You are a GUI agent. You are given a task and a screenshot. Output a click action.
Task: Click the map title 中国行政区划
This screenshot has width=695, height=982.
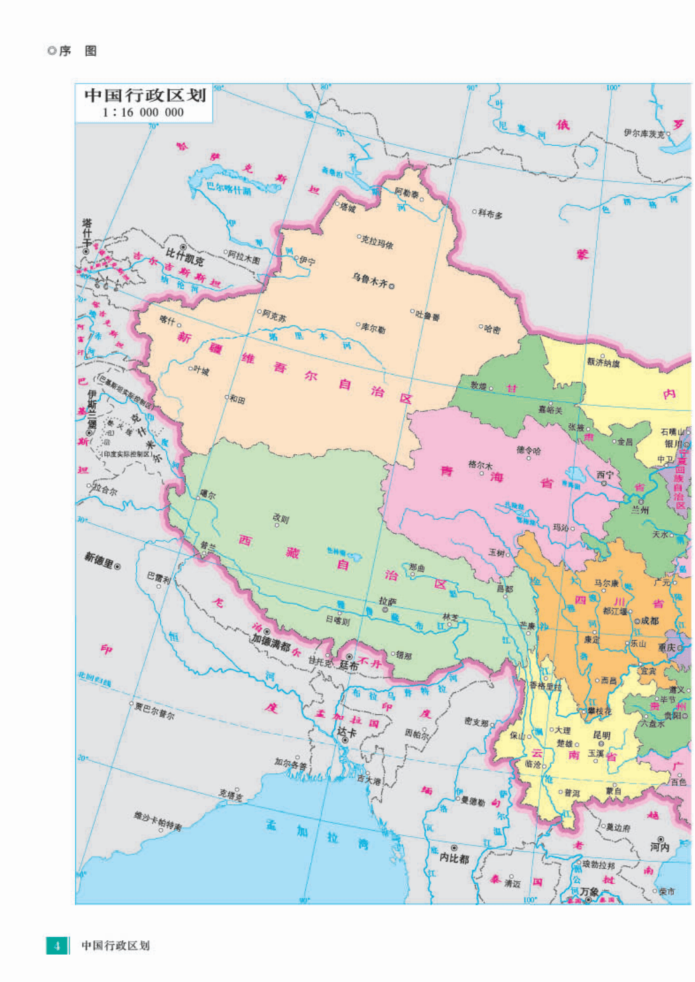145,95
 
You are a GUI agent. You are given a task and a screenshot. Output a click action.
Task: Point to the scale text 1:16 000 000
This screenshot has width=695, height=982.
143,113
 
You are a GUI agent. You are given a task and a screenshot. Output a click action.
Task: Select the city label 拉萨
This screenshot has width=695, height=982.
387,601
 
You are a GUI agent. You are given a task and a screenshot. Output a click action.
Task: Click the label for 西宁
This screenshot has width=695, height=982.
605,475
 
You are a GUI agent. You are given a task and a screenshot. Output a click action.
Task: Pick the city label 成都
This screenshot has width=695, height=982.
649,621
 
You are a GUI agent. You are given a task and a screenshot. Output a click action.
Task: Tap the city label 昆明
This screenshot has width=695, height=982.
601,735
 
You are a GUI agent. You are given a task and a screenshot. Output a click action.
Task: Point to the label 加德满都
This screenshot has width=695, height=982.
271,640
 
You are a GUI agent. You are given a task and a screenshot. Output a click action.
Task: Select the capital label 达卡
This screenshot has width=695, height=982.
347,732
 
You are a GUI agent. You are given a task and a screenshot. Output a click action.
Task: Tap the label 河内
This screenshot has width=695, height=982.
659,847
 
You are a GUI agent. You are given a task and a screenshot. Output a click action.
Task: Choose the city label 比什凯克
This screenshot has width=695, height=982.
185,256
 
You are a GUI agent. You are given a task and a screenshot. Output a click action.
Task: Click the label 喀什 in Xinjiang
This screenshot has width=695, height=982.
167,320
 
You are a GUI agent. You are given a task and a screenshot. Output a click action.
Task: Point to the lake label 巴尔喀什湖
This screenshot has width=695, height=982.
229,188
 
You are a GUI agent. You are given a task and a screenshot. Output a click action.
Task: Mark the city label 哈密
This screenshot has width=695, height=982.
491,329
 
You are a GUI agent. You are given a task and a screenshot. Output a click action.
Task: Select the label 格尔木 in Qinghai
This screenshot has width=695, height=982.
480,465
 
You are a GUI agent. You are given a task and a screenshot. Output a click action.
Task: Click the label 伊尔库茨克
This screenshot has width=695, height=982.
644,134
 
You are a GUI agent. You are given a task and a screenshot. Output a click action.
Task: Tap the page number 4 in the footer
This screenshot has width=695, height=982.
57,946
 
